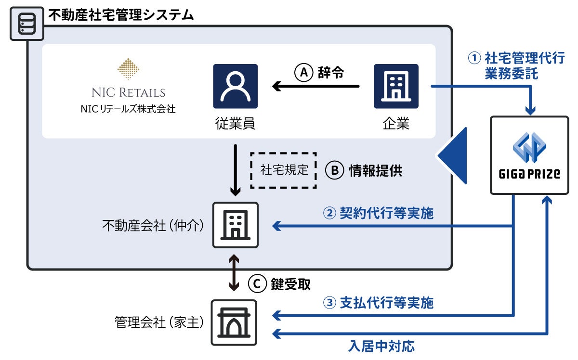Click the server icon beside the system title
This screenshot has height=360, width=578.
pyautogui.click(x=27, y=24)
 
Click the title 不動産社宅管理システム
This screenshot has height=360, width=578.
pyautogui.click(x=120, y=14)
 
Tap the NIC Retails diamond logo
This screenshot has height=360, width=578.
pyautogui.click(x=128, y=69)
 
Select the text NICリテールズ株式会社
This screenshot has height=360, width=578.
pyautogui.click(x=128, y=109)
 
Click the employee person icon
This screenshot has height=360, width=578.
pyautogui.click(x=235, y=86)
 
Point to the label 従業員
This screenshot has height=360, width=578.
pyautogui.click(x=235, y=124)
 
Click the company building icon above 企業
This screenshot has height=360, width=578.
pyautogui.click(x=396, y=86)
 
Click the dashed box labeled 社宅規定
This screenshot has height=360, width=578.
pyautogui.click(x=283, y=170)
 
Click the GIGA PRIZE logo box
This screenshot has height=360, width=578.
pyautogui.click(x=529, y=155)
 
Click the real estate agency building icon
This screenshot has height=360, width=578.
pyautogui.click(x=235, y=225)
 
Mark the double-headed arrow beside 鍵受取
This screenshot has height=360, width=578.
pyautogui.click(x=234, y=273)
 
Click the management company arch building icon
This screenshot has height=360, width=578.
pyautogui.click(x=234, y=322)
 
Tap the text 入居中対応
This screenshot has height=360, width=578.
pyautogui.click(x=381, y=346)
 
